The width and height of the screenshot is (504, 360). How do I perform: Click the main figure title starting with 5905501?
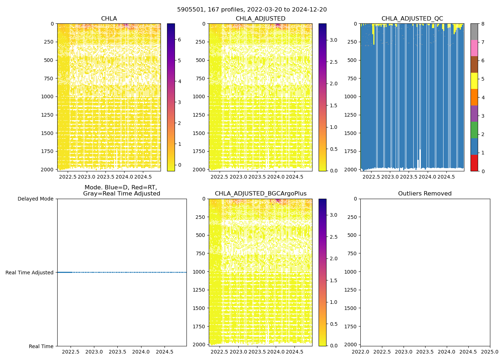(x=252, y=10)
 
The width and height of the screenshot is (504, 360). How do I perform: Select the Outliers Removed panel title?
(x=425, y=194)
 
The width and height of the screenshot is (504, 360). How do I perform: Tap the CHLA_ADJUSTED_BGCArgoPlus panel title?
(x=261, y=194)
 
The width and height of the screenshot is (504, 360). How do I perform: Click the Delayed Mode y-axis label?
(x=35, y=199)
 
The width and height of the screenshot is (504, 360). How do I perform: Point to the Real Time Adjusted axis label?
(x=30, y=273)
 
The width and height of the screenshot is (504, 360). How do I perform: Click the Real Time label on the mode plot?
(x=41, y=346)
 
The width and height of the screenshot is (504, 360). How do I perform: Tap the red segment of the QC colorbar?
(x=474, y=163)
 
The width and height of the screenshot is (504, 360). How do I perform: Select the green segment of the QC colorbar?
(x=474, y=130)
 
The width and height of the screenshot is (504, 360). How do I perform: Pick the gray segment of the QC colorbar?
(x=474, y=32)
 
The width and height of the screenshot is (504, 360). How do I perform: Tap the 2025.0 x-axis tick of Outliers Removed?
(x=490, y=352)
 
